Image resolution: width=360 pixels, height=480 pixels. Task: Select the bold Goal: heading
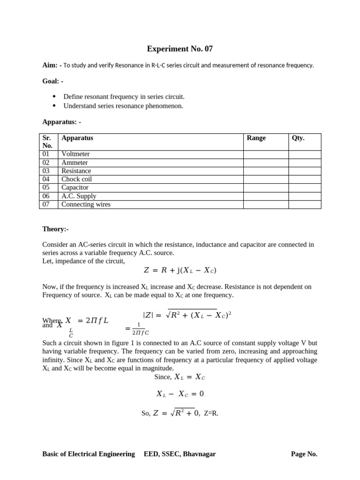click(x=52, y=81)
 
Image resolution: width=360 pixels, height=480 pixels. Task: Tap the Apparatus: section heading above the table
click(x=61, y=121)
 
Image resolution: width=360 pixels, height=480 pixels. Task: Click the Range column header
click(x=256, y=138)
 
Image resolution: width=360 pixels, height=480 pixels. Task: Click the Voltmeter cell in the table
click(x=75, y=154)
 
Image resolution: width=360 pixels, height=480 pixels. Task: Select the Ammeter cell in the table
click(x=75, y=163)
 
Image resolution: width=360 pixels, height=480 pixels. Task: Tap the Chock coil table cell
click(x=76, y=179)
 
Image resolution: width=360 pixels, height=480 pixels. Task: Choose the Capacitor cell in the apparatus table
click(x=75, y=187)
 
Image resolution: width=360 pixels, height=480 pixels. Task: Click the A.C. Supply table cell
click(x=79, y=196)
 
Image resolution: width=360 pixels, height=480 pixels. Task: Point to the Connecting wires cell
click(x=86, y=204)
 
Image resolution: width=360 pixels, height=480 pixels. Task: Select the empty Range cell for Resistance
click(x=265, y=171)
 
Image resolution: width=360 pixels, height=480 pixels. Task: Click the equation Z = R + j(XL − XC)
click(x=180, y=270)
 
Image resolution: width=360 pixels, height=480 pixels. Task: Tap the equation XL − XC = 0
click(x=180, y=394)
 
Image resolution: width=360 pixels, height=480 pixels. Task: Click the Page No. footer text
click(x=304, y=454)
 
